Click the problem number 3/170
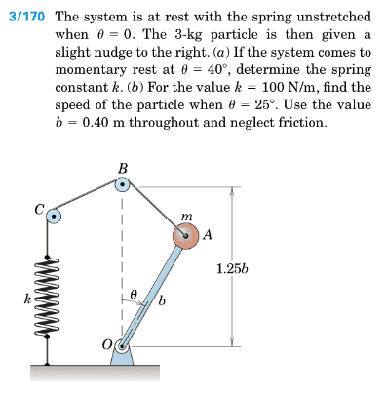pos(26,16)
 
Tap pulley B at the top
pos(122,185)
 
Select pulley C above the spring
pos(54,216)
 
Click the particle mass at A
pos(185,237)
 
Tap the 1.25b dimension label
pos(232,269)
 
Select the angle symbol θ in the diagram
pos(133,294)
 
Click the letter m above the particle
pos(187,216)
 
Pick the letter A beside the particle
pos(208,234)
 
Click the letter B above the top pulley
pos(123,169)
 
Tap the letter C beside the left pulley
pos(40,209)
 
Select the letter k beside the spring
pos(28,298)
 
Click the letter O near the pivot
pos(107,344)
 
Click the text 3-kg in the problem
pos(188,35)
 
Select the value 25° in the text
pos(266,104)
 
